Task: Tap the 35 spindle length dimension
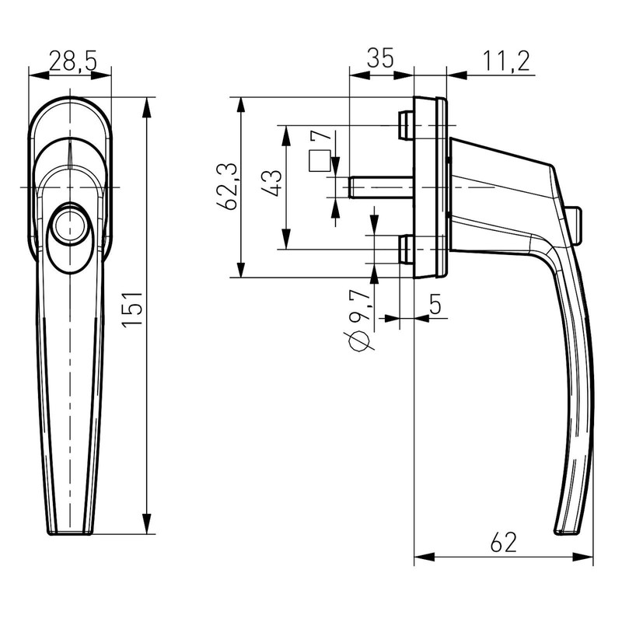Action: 380,59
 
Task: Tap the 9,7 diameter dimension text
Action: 358,309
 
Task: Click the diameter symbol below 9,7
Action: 358,341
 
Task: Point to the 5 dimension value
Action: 435,305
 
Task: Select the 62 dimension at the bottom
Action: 504,542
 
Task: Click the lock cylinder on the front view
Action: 70,225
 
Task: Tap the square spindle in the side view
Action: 381,187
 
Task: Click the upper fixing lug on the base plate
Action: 404,125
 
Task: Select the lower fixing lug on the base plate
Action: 404,250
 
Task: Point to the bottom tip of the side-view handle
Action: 566,533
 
